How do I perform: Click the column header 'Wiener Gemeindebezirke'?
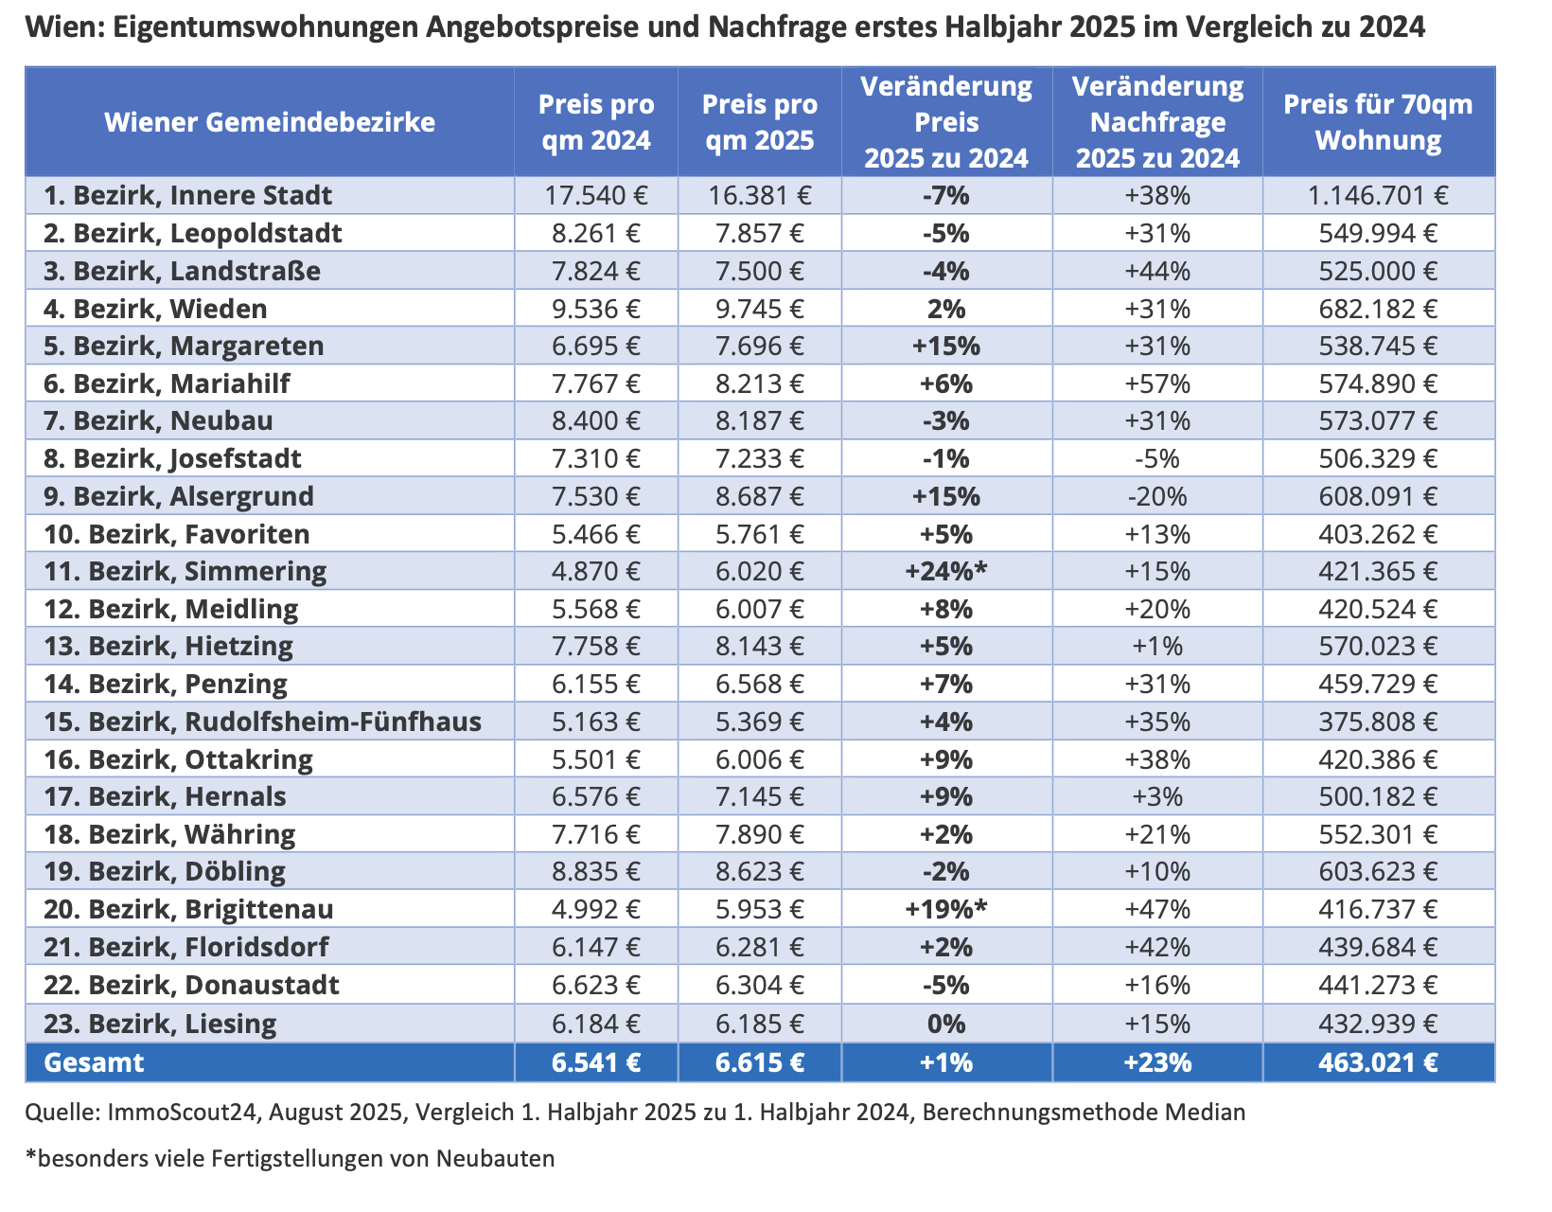point(270,122)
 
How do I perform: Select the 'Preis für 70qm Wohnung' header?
point(1378,122)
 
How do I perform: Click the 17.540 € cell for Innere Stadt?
point(595,195)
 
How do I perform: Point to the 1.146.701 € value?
point(1378,195)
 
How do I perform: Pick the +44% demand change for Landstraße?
point(1157,271)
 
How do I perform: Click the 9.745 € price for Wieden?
point(759,309)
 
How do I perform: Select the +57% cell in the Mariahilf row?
point(1157,383)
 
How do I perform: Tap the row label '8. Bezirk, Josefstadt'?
point(172,459)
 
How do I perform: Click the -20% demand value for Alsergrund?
point(1157,496)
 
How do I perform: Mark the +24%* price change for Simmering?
point(945,571)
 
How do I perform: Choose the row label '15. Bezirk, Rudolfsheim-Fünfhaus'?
point(262,722)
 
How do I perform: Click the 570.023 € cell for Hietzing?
point(1378,646)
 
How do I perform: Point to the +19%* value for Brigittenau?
point(945,909)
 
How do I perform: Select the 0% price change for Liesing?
point(945,1024)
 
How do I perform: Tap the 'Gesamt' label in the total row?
point(94,1062)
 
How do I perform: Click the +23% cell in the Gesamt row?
point(1157,1062)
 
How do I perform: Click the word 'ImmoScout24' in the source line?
point(182,1113)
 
